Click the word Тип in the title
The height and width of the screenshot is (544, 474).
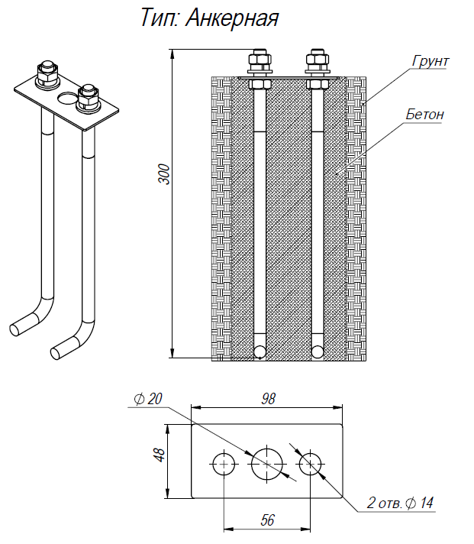(157, 18)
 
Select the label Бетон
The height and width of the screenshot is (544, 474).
(424, 115)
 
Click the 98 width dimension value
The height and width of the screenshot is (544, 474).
(267, 398)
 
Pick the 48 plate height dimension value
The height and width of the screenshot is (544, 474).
(159, 455)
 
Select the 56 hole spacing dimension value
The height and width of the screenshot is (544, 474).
(267, 520)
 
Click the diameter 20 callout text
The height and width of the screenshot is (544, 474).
(148, 399)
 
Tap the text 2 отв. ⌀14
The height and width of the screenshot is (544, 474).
(400, 503)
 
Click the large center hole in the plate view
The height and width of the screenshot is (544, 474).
(267, 463)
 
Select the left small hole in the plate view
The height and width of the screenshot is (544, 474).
(224, 463)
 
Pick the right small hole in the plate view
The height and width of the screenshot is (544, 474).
(310, 463)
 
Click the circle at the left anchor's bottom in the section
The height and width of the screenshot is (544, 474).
(260, 351)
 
